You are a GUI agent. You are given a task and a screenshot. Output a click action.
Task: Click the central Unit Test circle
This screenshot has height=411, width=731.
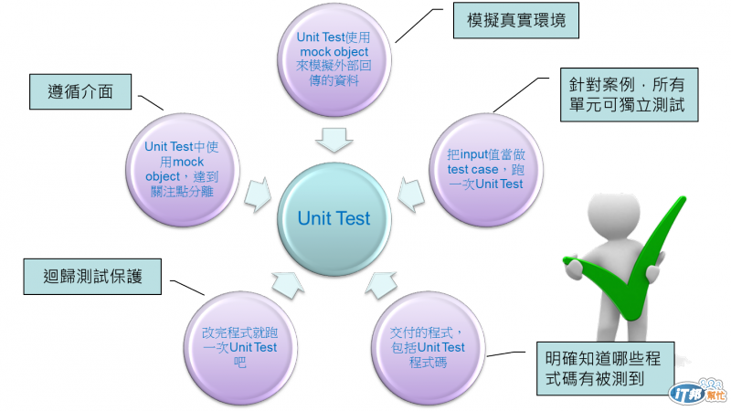pos(334,218)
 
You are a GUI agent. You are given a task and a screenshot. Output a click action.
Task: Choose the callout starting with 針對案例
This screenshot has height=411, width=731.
pos(629,97)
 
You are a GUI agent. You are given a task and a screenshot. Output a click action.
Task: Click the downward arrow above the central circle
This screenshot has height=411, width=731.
pos(334,140)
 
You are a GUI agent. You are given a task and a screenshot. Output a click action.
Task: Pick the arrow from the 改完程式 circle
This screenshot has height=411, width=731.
pos(285,284)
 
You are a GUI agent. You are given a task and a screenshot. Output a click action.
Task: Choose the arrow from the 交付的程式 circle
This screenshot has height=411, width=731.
pos(381,284)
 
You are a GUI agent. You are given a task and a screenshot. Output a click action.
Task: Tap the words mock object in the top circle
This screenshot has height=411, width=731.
pos(333,51)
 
